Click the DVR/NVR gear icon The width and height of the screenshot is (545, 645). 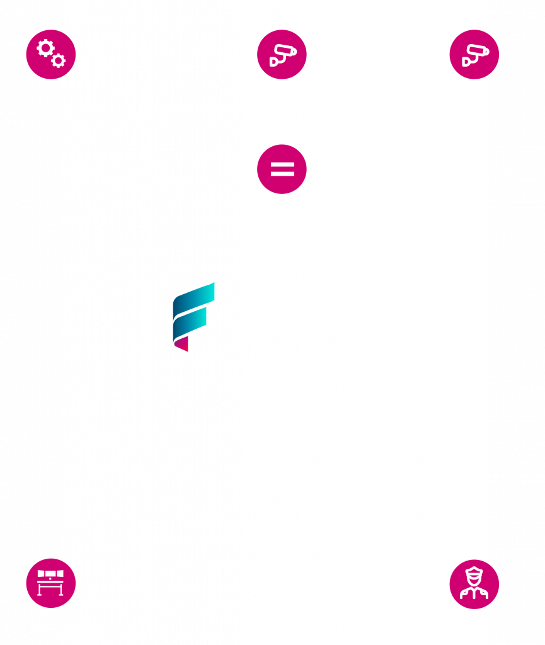pyautogui.click(x=50, y=55)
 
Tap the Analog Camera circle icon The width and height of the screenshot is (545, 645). pyautogui.click(x=282, y=55)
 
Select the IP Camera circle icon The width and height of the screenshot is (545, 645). pyautogui.click(x=474, y=55)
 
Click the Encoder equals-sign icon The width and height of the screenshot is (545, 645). pyautogui.click(x=282, y=169)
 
